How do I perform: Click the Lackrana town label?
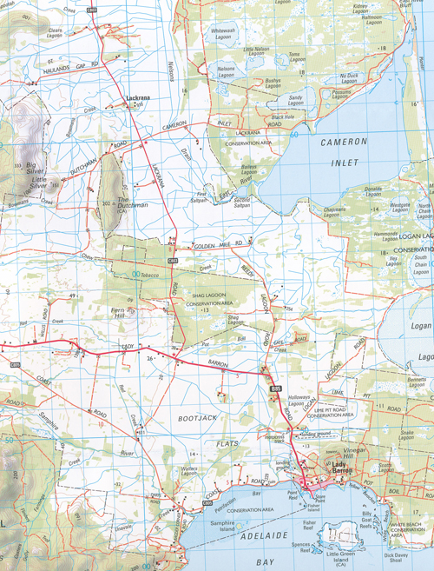pos(140,98)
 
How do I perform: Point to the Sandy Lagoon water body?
pos(297,97)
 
